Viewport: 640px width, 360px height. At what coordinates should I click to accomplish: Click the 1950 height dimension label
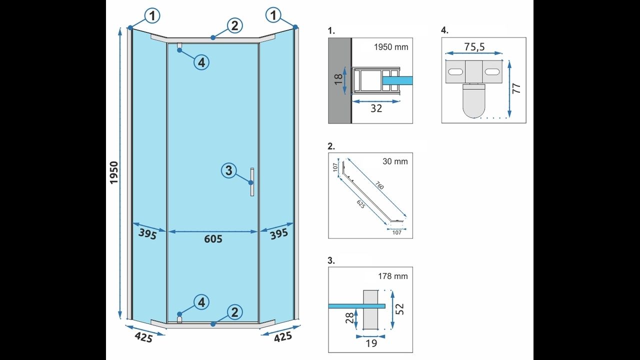tap(114, 172)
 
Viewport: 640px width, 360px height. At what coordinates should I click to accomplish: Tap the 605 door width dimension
tap(213, 239)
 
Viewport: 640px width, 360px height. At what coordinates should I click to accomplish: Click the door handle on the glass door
tap(252, 182)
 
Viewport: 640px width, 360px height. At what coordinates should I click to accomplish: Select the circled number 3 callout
tap(228, 170)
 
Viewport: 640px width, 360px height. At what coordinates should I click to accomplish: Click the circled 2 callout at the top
tap(234, 25)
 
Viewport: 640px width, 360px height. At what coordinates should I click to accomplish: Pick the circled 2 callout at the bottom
tap(234, 312)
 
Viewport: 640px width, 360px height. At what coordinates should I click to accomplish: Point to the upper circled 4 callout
tap(201, 62)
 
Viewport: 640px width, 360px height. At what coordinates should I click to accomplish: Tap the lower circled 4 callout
tap(201, 302)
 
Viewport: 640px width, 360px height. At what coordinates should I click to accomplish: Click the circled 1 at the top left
tap(152, 16)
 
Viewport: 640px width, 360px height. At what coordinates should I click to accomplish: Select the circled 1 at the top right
tap(273, 16)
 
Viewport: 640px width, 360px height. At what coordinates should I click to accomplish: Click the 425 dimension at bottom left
tap(143, 337)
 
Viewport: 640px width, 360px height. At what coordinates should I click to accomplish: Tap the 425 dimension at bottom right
tap(283, 337)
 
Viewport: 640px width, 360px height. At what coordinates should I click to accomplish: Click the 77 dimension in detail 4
tap(517, 88)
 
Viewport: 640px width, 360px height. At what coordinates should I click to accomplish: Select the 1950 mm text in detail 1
tap(391, 47)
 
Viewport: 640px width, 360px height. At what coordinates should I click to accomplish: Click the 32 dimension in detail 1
tap(376, 108)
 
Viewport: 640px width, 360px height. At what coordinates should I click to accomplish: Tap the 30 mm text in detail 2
tap(395, 161)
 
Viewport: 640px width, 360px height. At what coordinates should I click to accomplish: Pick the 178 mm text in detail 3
tap(393, 276)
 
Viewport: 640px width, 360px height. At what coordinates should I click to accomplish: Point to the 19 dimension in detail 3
tap(370, 343)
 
